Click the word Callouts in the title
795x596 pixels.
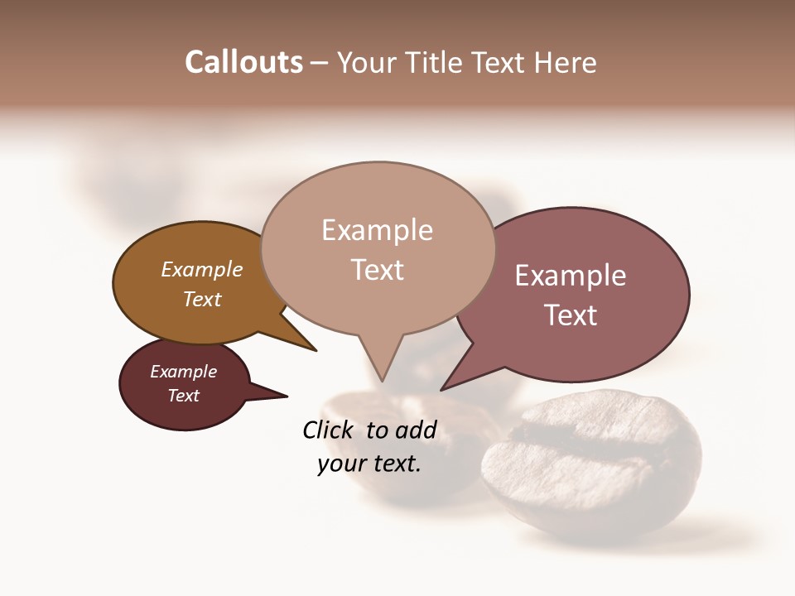243,62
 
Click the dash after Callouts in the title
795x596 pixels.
319,63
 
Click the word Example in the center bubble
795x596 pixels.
377,230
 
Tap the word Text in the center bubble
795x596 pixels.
378,270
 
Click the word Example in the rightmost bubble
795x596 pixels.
571,276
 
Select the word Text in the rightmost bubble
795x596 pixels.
571,315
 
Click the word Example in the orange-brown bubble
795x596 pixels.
202,269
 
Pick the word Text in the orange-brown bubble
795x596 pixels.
202,299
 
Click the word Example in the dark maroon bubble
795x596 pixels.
183,372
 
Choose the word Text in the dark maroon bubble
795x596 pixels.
183,396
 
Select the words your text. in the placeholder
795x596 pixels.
369,464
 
